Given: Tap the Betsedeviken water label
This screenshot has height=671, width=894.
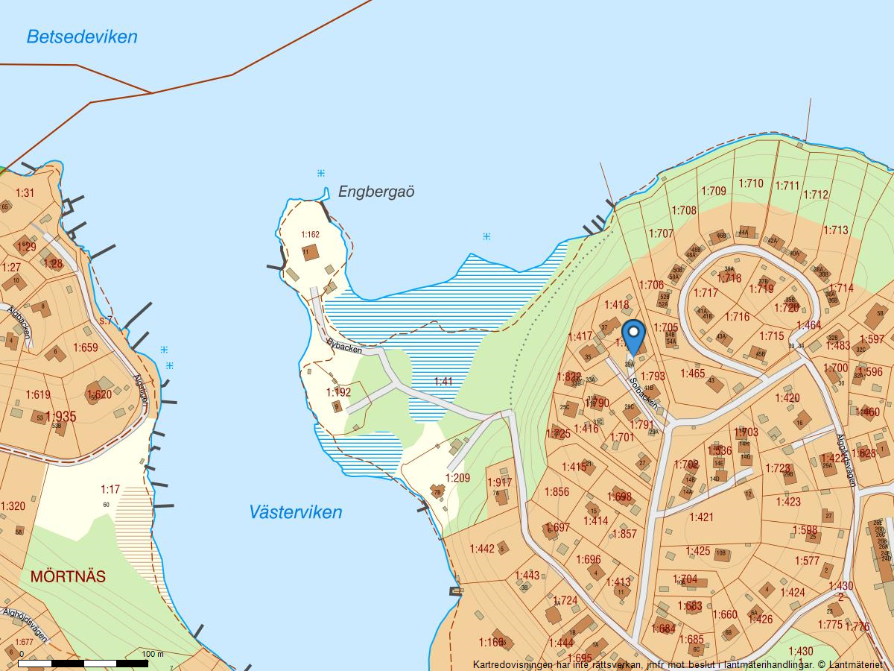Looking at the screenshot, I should [82, 37].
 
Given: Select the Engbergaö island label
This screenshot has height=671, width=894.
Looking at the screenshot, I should [376, 192].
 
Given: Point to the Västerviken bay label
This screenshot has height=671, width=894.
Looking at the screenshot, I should [296, 512].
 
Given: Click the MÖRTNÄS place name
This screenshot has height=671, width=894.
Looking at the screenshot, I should [68, 576].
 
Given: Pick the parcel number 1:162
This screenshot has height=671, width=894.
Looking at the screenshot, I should [310, 235].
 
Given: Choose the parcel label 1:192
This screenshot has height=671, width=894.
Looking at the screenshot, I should [338, 392].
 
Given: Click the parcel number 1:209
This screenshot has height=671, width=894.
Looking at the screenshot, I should [458, 478].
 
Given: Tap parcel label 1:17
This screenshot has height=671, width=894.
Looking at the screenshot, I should [110, 490].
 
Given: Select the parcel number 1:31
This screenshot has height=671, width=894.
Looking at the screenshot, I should [25, 193].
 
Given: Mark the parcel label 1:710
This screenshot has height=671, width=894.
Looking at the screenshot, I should [751, 183].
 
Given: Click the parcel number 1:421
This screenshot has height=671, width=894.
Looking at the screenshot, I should [701, 517].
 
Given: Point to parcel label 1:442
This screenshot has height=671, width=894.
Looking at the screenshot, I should [482, 549].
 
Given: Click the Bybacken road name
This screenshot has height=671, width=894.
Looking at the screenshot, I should [344, 347].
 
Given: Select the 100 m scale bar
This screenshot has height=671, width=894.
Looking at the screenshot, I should [83, 662].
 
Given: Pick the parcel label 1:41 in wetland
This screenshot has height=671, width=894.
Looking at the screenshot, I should [443, 382].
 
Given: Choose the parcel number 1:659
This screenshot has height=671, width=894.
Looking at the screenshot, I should [86, 347].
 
